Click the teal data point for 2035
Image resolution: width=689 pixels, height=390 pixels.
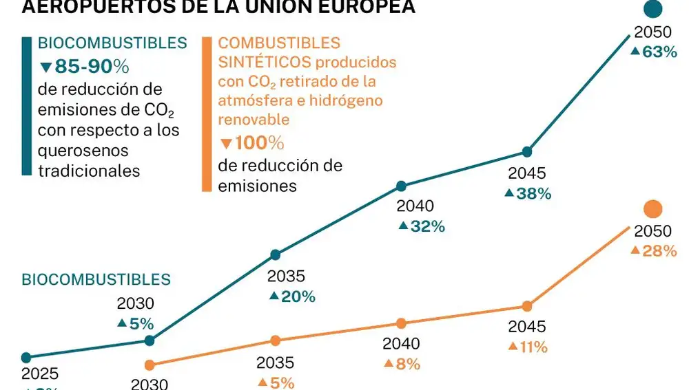[x=275, y=254]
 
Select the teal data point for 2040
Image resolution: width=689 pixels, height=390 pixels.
[x=401, y=186]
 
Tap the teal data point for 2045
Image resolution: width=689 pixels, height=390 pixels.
[x=527, y=151]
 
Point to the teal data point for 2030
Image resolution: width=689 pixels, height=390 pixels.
[x=150, y=340]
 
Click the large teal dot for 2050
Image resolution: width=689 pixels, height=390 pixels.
[x=652, y=9]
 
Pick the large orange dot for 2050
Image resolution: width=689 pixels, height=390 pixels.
[x=652, y=210]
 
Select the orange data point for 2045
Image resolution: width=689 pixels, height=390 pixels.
[x=527, y=306]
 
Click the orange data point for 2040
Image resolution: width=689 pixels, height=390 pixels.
[x=401, y=323]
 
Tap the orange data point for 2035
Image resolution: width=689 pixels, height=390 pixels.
[x=275, y=340]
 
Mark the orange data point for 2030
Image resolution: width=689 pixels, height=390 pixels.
[x=150, y=365]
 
